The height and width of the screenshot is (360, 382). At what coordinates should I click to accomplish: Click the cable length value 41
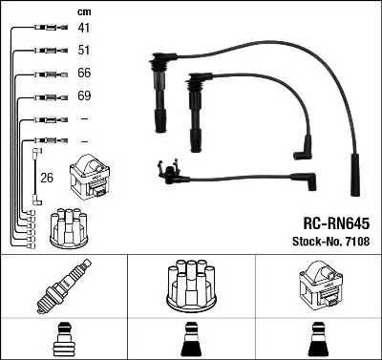(x=84, y=28)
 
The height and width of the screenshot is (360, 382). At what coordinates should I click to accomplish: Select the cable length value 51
(x=84, y=51)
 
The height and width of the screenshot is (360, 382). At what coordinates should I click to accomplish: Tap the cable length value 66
(x=84, y=73)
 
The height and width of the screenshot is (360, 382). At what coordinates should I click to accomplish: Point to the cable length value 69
(x=84, y=95)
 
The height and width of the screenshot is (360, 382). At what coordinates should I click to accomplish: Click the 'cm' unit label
(x=84, y=12)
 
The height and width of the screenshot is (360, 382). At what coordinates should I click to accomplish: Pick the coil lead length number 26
(x=47, y=178)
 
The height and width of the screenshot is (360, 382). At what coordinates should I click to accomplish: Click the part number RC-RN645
(x=336, y=223)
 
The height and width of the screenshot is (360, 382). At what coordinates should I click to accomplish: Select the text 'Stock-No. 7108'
(x=331, y=242)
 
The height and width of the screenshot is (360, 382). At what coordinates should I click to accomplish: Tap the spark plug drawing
(x=64, y=286)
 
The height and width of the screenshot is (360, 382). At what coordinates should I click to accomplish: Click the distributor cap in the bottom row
(x=191, y=286)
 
